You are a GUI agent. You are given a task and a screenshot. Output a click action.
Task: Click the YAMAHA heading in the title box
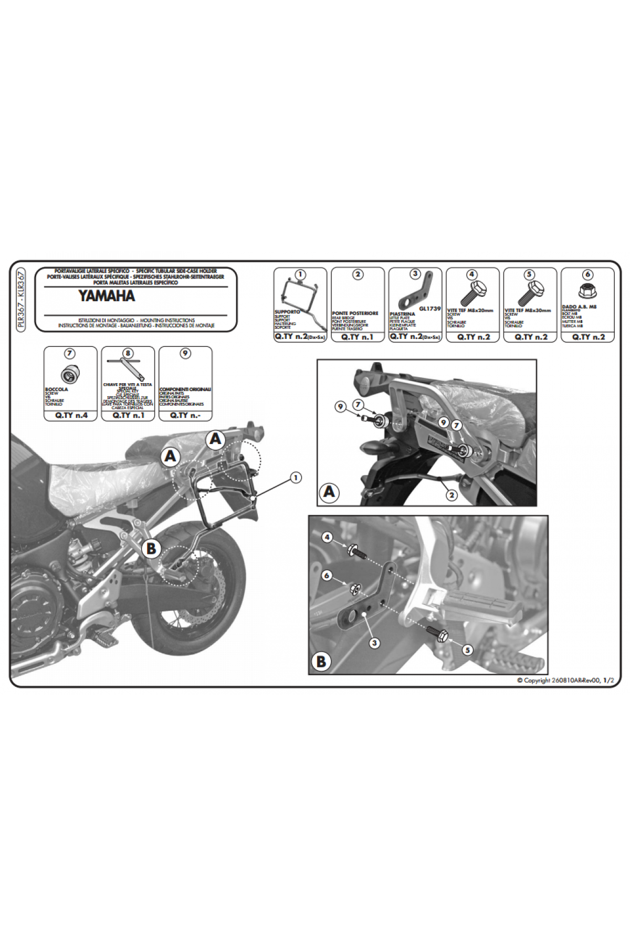pos(107,296)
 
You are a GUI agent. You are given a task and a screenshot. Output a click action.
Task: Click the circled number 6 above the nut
pos(587,274)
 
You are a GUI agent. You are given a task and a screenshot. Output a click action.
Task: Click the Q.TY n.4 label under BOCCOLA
pos(70,415)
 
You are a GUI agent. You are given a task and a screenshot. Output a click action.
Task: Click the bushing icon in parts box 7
pos(69,375)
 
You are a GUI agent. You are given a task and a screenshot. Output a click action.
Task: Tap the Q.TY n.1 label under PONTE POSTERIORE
pos(358,337)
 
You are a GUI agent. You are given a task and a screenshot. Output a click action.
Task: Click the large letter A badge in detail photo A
pos(329,492)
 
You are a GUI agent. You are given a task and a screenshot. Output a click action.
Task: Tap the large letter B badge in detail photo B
pos(321,662)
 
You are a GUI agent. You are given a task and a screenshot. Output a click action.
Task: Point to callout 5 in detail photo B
pos(467,650)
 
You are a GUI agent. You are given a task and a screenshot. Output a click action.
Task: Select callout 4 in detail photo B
pos(328,538)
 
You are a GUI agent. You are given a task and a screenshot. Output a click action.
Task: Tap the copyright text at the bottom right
pos(565,680)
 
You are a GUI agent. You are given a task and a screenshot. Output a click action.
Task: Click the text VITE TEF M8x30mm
pos(528,311)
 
